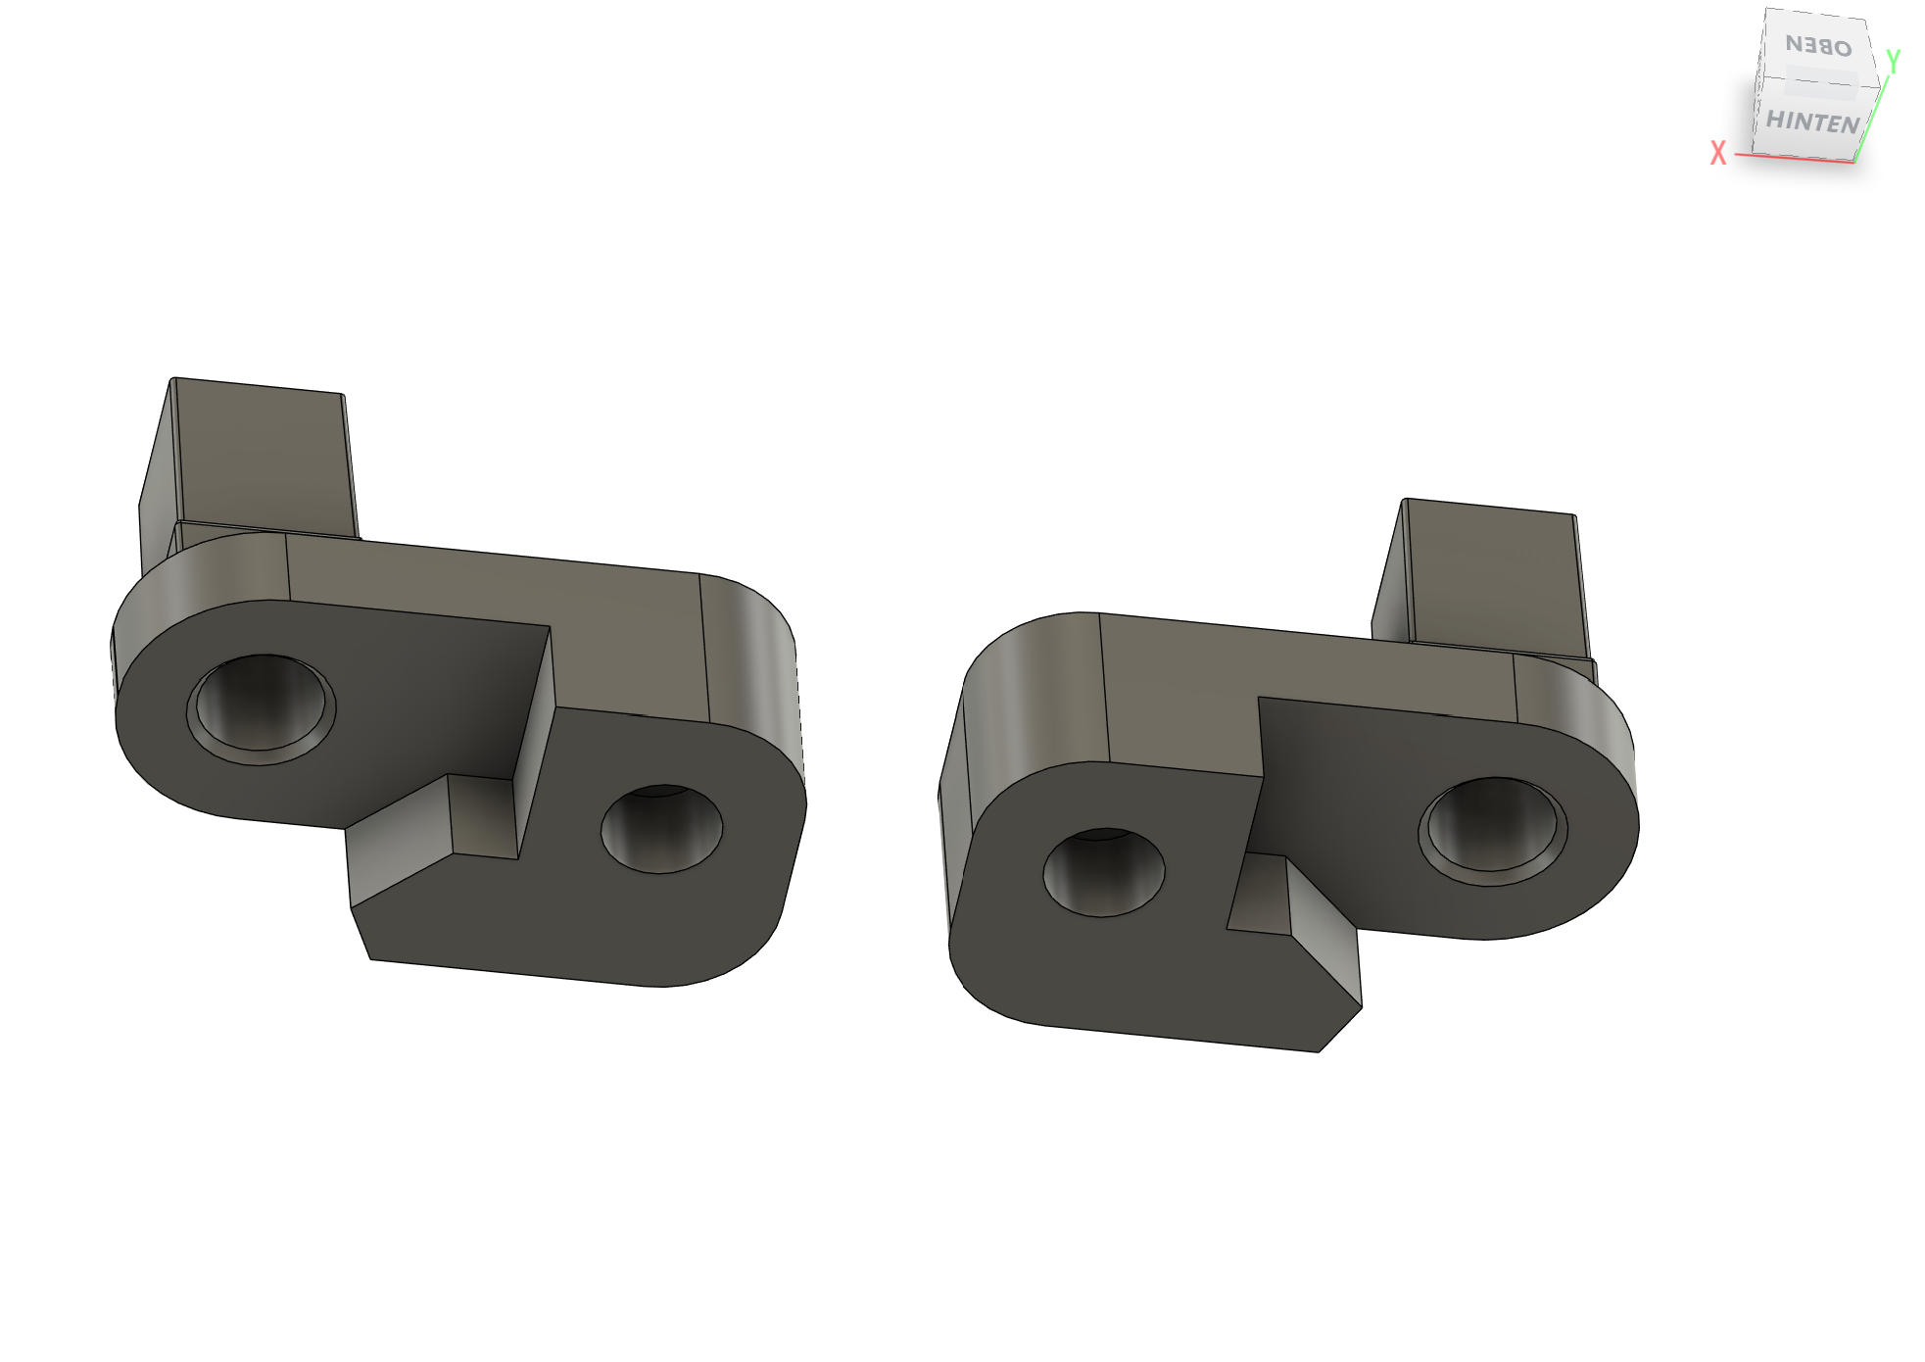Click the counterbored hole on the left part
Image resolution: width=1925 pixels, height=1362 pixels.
coord(261,709)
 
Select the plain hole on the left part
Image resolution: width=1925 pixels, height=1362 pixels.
coord(661,829)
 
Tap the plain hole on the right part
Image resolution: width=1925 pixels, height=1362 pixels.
coord(1104,872)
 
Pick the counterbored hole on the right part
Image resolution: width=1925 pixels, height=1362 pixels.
coord(1493,832)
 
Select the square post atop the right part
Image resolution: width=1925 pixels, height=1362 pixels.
coord(1484,578)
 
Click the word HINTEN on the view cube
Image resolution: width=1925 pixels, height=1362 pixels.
coord(1812,122)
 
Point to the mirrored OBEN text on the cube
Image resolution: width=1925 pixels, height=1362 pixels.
coord(1819,45)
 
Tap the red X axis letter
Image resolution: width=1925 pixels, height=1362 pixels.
coord(1717,153)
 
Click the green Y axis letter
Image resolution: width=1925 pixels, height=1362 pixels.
coord(1894,61)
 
